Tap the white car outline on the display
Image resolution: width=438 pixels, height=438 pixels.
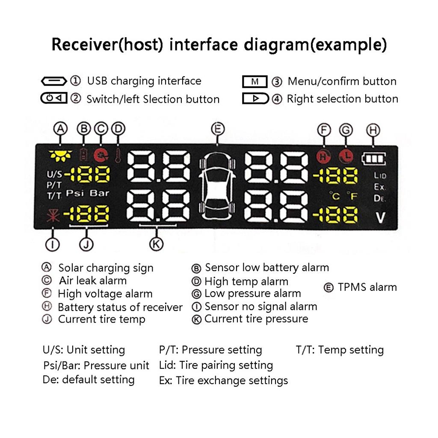218,186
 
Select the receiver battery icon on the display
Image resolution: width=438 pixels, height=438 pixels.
374,159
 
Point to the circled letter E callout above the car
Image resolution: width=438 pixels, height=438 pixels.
218,128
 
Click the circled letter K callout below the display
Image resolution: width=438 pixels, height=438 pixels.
156,243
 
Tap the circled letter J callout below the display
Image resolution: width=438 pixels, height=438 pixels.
87,244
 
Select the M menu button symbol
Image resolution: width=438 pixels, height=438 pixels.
255,81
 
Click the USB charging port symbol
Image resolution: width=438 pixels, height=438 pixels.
54,81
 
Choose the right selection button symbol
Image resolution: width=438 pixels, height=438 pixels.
255,99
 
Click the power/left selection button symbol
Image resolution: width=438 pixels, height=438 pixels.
54,99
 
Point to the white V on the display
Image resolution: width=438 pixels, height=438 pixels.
380,217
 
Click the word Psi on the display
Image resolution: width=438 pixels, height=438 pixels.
75,193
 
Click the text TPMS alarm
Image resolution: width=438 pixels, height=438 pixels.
367,287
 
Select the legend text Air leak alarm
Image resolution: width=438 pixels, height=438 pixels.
93,281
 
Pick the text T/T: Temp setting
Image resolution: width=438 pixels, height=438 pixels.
340,350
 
